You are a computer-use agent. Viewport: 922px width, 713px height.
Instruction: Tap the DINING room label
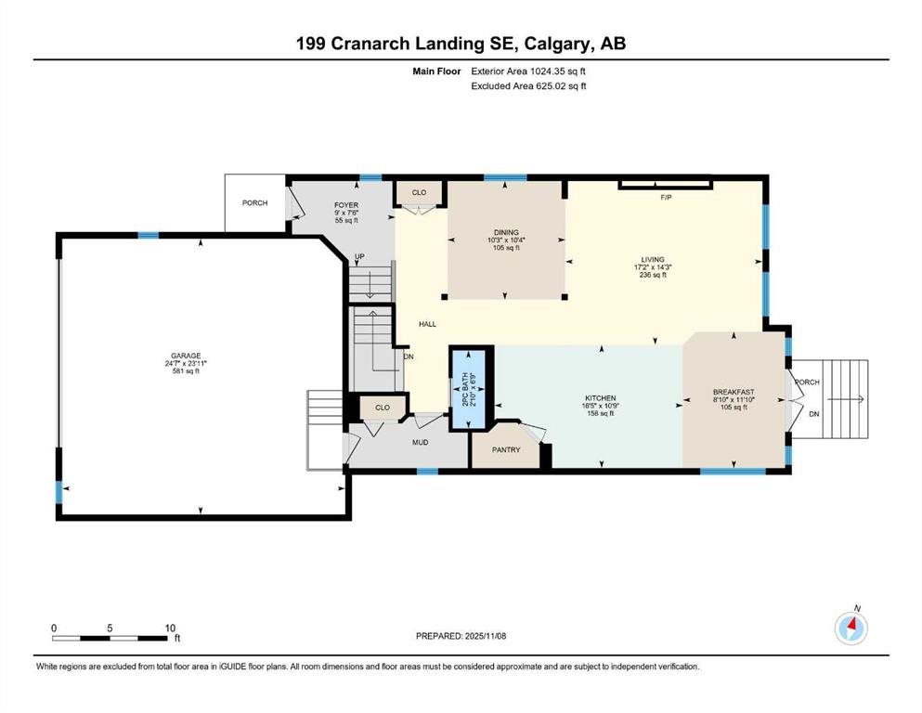[506, 233]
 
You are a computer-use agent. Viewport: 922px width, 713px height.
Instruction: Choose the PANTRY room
[506, 450]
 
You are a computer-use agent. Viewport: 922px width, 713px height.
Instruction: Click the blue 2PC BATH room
[469, 389]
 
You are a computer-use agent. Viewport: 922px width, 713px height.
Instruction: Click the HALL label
[426, 324]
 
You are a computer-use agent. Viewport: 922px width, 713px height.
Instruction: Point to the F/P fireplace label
[665, 198]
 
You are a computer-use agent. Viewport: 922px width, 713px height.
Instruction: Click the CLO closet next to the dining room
[419, 192]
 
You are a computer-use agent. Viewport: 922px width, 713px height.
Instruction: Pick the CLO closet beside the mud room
[382, 407]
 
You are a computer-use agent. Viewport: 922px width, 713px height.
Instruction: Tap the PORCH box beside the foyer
[255, 203]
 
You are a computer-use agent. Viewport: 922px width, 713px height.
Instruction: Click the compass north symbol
[851, 628]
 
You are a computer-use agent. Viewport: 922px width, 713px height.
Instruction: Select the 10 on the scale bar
[170, 628]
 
